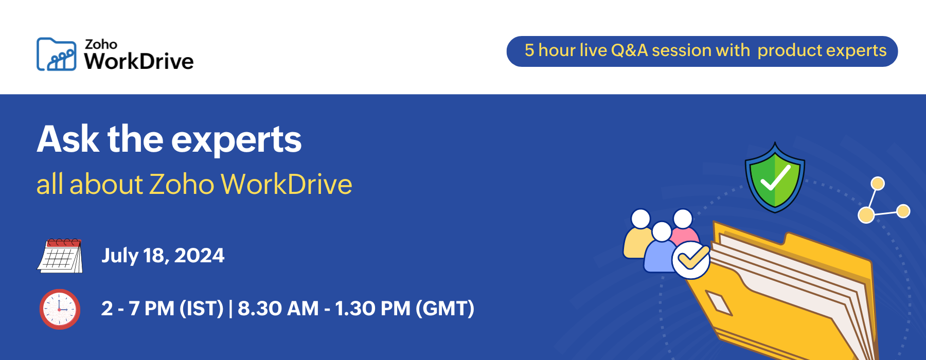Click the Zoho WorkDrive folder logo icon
[57, 54]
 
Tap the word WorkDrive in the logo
[139, 62]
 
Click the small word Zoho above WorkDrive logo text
[101, 44]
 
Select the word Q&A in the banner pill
[629, 50]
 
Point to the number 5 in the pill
[529, 50]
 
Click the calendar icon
[60, 256]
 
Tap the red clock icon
[60, 309]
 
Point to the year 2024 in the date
[199, 256]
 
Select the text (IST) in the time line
[201, 309]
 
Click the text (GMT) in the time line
[445, 309]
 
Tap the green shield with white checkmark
[775, 178]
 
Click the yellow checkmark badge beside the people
[691, 260]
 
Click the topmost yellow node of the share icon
[877, 184]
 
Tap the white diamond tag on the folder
[719, 303]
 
